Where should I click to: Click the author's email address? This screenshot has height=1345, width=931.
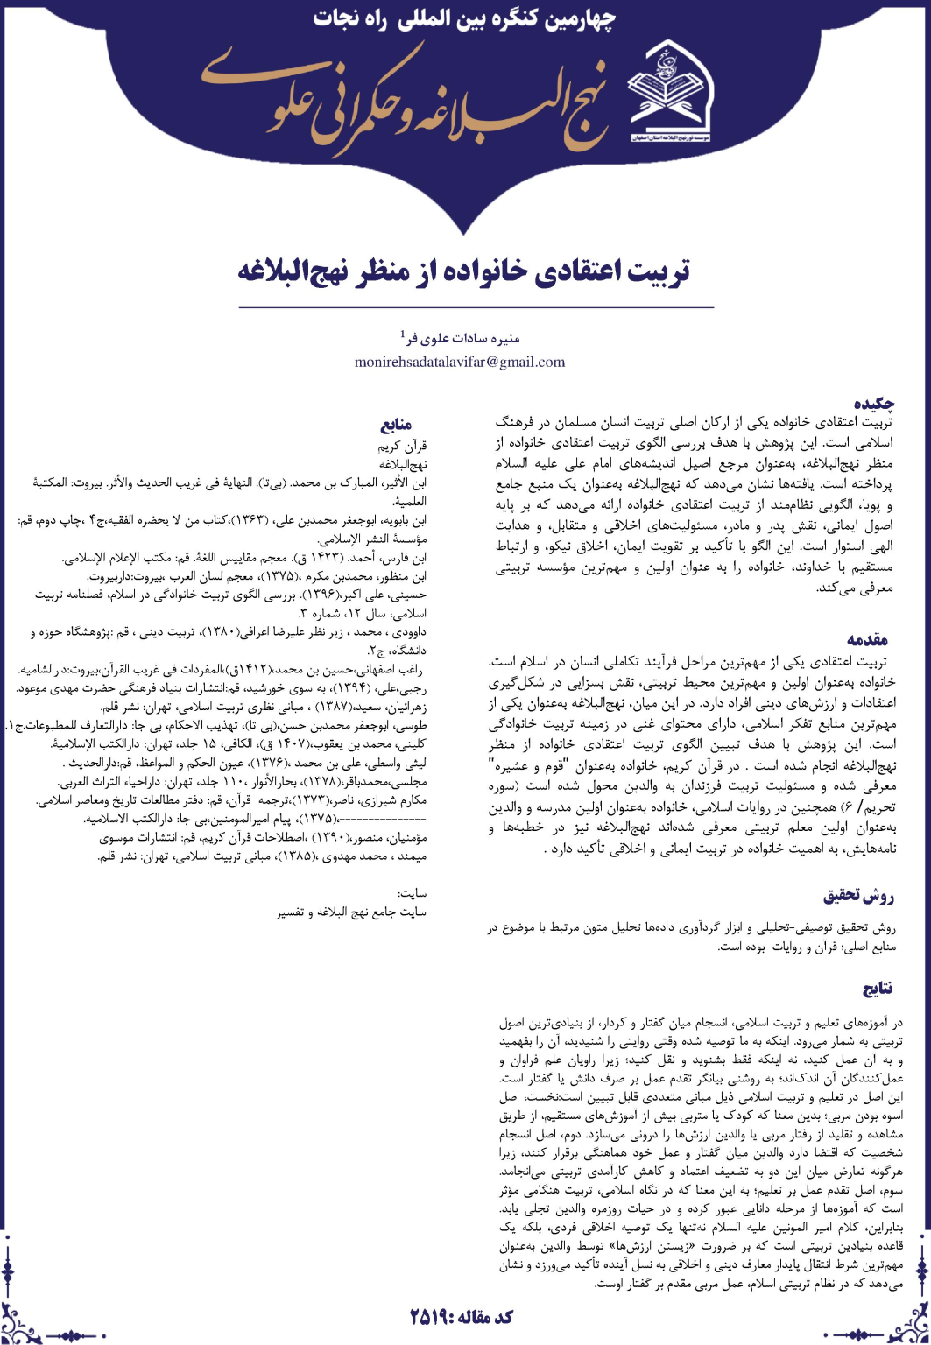[460, 362]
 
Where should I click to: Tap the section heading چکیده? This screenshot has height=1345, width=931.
[878, 404]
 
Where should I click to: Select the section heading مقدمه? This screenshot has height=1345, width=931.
[871, 639]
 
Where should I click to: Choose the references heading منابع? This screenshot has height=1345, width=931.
[398, 426]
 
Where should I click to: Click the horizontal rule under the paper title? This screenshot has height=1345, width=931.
[464, 307]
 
